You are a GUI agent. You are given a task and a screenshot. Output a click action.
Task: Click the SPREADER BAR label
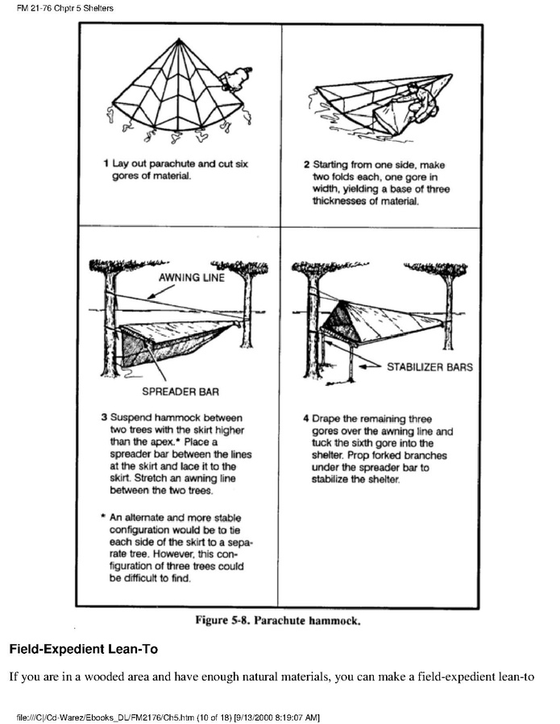coord(180,393)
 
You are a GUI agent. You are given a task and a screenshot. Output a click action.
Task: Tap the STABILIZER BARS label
coord(429,367)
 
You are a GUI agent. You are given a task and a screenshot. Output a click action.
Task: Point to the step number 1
coord(106,163)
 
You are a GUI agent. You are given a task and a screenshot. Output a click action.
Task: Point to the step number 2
coord(307,163)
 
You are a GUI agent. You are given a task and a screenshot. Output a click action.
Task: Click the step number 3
coord(104,418)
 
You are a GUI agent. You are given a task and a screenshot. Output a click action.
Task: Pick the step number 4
coord(306,419)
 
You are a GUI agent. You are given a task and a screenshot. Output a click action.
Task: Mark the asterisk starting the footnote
coord(105,518)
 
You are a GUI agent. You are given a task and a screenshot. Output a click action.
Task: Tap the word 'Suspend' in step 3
coord(131,418)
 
